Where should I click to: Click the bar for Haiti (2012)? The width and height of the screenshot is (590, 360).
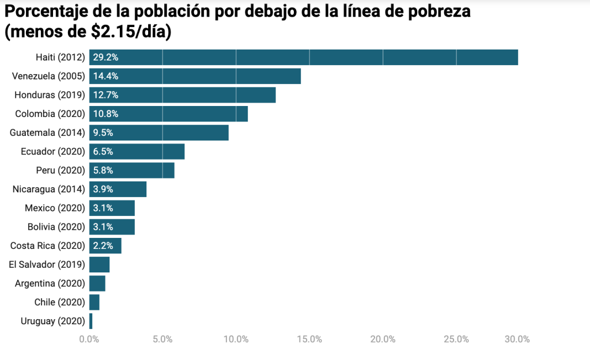tap(304, 58)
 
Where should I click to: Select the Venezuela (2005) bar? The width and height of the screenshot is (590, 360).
tap(195, 76)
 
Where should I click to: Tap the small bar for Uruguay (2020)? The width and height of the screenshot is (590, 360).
tap(91, 321)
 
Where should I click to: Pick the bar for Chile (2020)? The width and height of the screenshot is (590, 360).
tap(94, 302)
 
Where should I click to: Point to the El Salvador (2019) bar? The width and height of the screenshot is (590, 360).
tap(99, 264)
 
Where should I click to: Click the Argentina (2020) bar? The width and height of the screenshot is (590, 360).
tap(97, 283)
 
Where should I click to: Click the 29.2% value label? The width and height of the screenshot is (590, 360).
tap(106, 58)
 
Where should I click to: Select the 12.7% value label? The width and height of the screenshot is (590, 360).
tap(106, 95)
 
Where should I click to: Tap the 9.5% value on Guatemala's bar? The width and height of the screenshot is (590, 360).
tap(103, 132)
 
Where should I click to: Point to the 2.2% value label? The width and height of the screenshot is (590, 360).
tap(103, 246)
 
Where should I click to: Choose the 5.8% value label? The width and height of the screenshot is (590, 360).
tap(103, 170)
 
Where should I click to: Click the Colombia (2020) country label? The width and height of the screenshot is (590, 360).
tap(50, 113)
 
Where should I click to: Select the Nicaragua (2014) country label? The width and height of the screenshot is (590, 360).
tap(49, 189)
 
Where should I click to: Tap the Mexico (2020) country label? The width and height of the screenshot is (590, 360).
tap(55, 208)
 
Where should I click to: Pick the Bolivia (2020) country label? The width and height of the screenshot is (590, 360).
tap(56, 227)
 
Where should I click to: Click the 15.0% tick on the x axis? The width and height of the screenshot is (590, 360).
tap(309, 339)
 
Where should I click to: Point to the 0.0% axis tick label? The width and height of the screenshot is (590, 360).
tap(89, 339)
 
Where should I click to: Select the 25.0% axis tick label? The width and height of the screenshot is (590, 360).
tap(456, 339)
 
